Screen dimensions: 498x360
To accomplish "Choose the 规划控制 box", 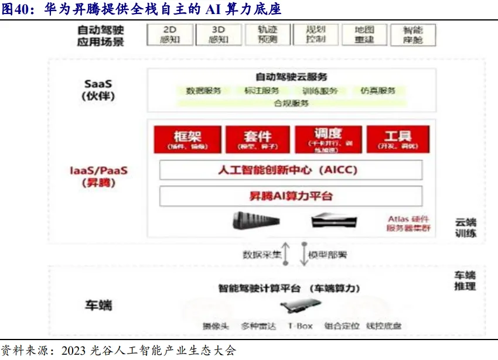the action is coord(316,35).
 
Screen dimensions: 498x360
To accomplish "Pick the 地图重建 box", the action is coord(364,35).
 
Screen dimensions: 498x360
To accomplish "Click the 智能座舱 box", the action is coord(413,35).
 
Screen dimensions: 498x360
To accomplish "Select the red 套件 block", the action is coord(258,140).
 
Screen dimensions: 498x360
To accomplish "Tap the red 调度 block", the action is coord(328,139).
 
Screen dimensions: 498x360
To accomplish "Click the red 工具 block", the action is coord(398,140).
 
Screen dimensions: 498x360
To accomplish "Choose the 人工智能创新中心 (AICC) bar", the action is coord(291,170).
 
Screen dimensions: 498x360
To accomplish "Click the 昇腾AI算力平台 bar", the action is coord(291,196).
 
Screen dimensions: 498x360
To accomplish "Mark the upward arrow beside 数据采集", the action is coord(286,253).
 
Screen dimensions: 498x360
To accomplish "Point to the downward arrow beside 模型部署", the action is coord(303,253).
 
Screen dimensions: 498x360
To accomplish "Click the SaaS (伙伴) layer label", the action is coord(98,90).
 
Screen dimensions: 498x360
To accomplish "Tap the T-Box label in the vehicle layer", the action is coord(300,326).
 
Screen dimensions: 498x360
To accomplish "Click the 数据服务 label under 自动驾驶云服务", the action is coord(203,91).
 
